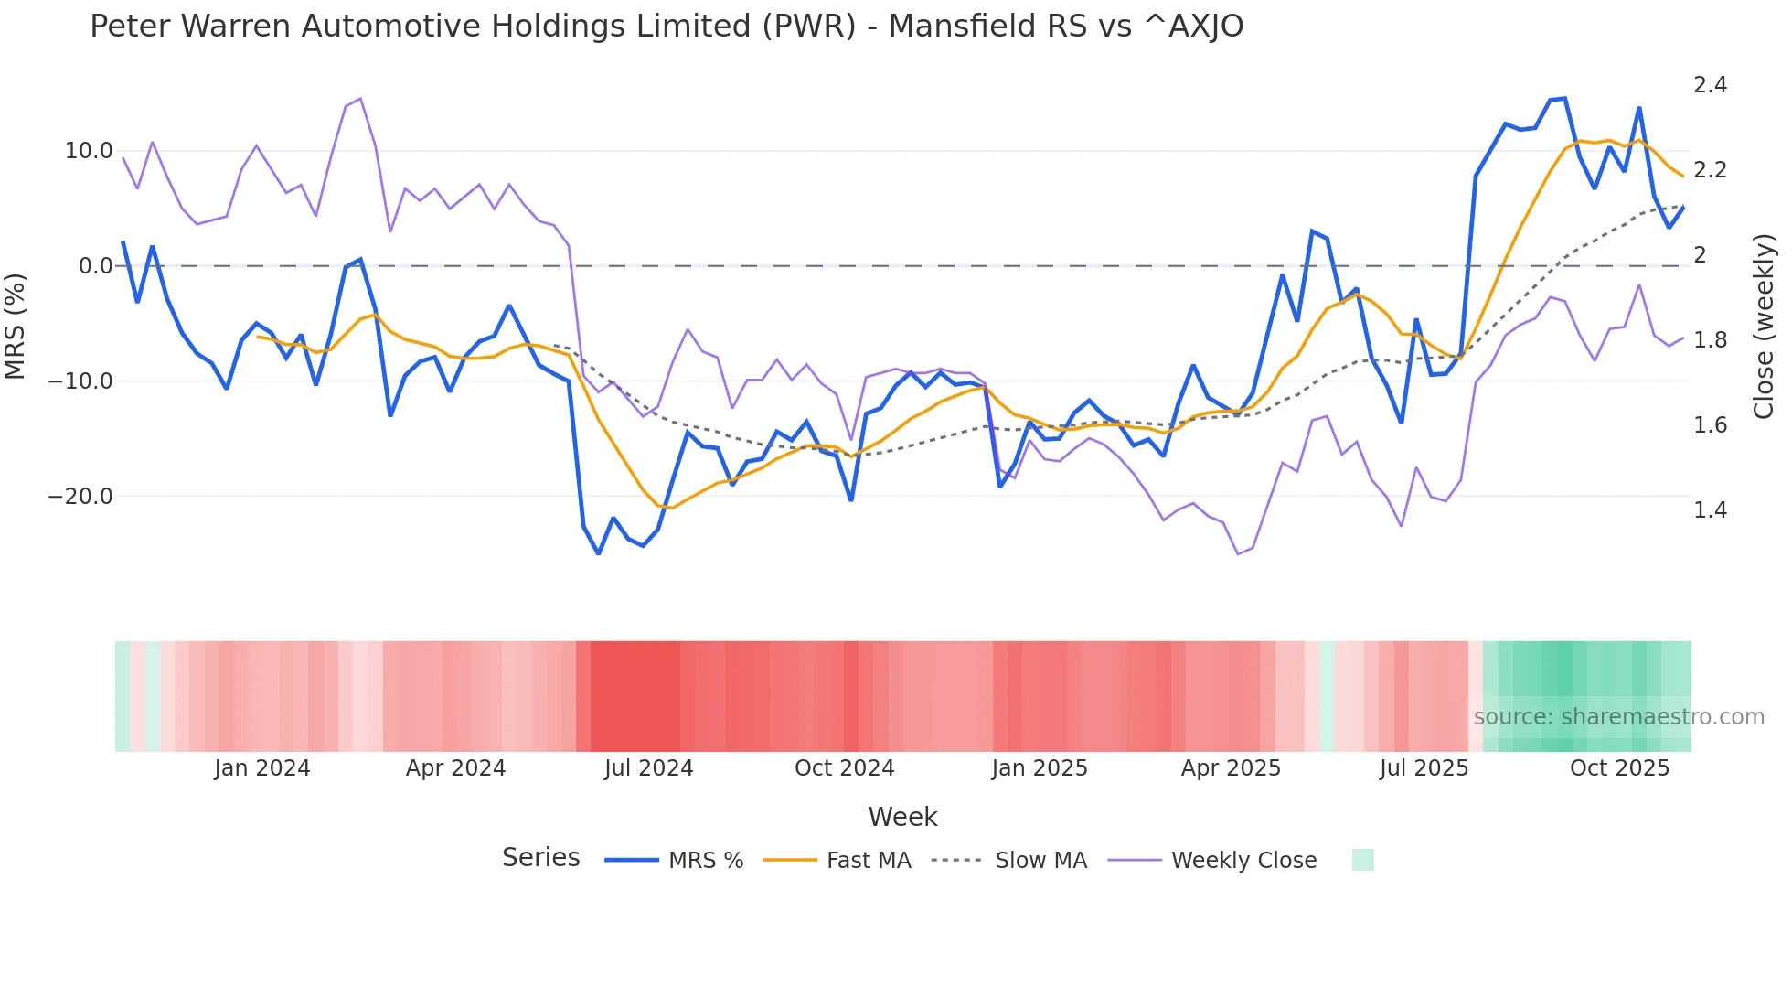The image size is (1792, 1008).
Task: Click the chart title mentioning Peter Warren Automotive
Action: click(x=667, y=27)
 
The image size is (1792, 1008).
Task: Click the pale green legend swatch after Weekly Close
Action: click(x=1362, y=860)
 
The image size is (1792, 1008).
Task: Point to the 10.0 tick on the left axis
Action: click(x=89, y=151)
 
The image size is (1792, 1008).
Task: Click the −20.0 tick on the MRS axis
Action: click(x=80, y=497)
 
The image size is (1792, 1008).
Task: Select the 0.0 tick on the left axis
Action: click(x=96, y=266)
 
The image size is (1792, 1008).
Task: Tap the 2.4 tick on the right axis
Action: click(x=1710, y=85)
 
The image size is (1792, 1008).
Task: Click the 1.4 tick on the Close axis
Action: click(x=1710, y=510)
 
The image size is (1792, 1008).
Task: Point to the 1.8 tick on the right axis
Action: click(x=1710, y=340)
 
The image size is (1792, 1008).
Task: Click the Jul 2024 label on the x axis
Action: click(x=648, y=768)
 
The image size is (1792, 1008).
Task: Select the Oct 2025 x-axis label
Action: click(x=1619, y=768)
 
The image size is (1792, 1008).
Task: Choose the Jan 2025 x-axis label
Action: click(x=1039, y=768)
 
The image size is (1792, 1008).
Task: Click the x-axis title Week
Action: click(x=902, y=817)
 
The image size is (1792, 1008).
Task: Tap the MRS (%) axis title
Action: click(x=16, y=326)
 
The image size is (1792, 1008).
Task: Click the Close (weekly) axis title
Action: click(x=1764, y=327)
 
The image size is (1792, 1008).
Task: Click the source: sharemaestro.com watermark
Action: click(x=1618, y=717)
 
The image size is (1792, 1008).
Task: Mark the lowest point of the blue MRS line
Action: click(x=599, y=553)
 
